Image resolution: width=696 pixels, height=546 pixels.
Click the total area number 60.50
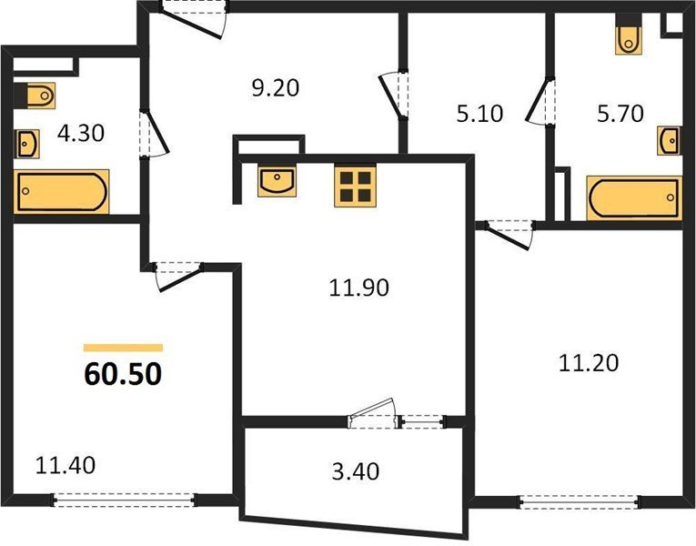(123, 374)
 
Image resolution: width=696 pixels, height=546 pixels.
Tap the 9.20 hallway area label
(276, 88)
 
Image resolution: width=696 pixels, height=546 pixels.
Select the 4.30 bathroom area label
(81, 133)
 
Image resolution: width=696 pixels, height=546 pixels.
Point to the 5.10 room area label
(479, 114)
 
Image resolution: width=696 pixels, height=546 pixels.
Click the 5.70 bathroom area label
(620, 114)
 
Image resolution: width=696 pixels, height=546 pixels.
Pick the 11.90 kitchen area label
(359, 288)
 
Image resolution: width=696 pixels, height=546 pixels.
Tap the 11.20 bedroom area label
(588, 363)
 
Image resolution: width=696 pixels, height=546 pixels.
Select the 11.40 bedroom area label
(66, 466)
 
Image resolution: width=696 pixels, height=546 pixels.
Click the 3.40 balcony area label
(356, 472)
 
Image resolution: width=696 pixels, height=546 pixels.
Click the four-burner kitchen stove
(355, 187)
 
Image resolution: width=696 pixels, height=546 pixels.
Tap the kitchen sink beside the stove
(277, 182)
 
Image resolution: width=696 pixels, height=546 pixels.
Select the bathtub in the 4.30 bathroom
(61, 192)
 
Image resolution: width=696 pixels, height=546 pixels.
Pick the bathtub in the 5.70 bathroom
(634, 198)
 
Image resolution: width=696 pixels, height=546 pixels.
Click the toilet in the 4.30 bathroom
(35, 96)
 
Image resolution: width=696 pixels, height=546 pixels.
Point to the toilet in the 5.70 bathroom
(629, 35)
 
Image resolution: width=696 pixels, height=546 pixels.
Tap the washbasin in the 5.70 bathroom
(669, 141)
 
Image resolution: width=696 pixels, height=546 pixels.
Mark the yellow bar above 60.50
(123, 348)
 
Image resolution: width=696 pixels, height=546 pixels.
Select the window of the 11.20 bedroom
(580, 502)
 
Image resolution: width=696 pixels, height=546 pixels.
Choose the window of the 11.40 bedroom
(125, 500)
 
